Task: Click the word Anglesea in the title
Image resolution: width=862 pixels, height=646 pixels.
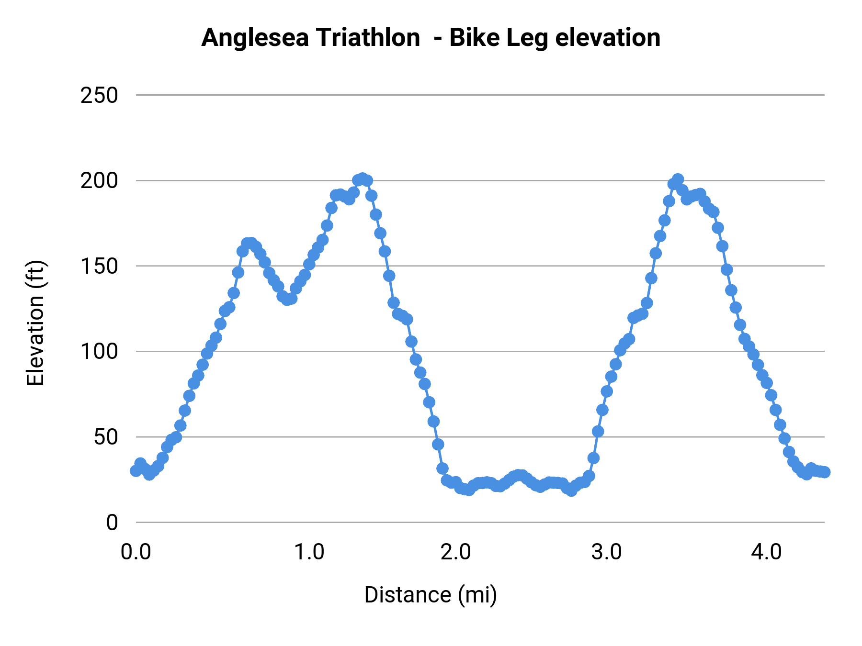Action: [255, 38]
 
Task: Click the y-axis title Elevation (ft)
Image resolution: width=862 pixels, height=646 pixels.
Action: [35, 323]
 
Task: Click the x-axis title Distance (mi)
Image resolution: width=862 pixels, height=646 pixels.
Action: [431, 595]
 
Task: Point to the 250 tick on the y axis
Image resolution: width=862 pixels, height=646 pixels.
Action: [99, 95]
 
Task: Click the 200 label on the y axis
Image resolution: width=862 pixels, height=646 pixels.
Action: [99, 181]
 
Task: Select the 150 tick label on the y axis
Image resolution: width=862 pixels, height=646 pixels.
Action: [99, 266]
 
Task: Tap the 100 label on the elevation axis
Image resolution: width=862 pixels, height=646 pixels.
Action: [99, 352]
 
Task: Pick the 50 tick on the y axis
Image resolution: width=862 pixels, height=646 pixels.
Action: [105, 437]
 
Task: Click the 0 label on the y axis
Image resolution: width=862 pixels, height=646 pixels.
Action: [112, 523]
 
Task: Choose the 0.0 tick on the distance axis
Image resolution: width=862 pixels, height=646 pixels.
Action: [136, 552]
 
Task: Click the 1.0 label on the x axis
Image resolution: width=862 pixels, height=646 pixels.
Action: [309, 552]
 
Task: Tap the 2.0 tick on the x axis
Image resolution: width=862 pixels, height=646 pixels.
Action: [456, 552]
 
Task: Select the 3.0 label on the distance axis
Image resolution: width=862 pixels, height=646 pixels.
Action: [606, 552]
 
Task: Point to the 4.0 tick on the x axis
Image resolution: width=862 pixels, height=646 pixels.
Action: [766, 552]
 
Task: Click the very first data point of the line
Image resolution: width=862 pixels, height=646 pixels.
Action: [136, 471]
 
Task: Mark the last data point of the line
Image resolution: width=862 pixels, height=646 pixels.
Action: [824, 472]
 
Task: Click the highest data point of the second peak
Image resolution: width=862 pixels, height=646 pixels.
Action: [678, 179]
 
